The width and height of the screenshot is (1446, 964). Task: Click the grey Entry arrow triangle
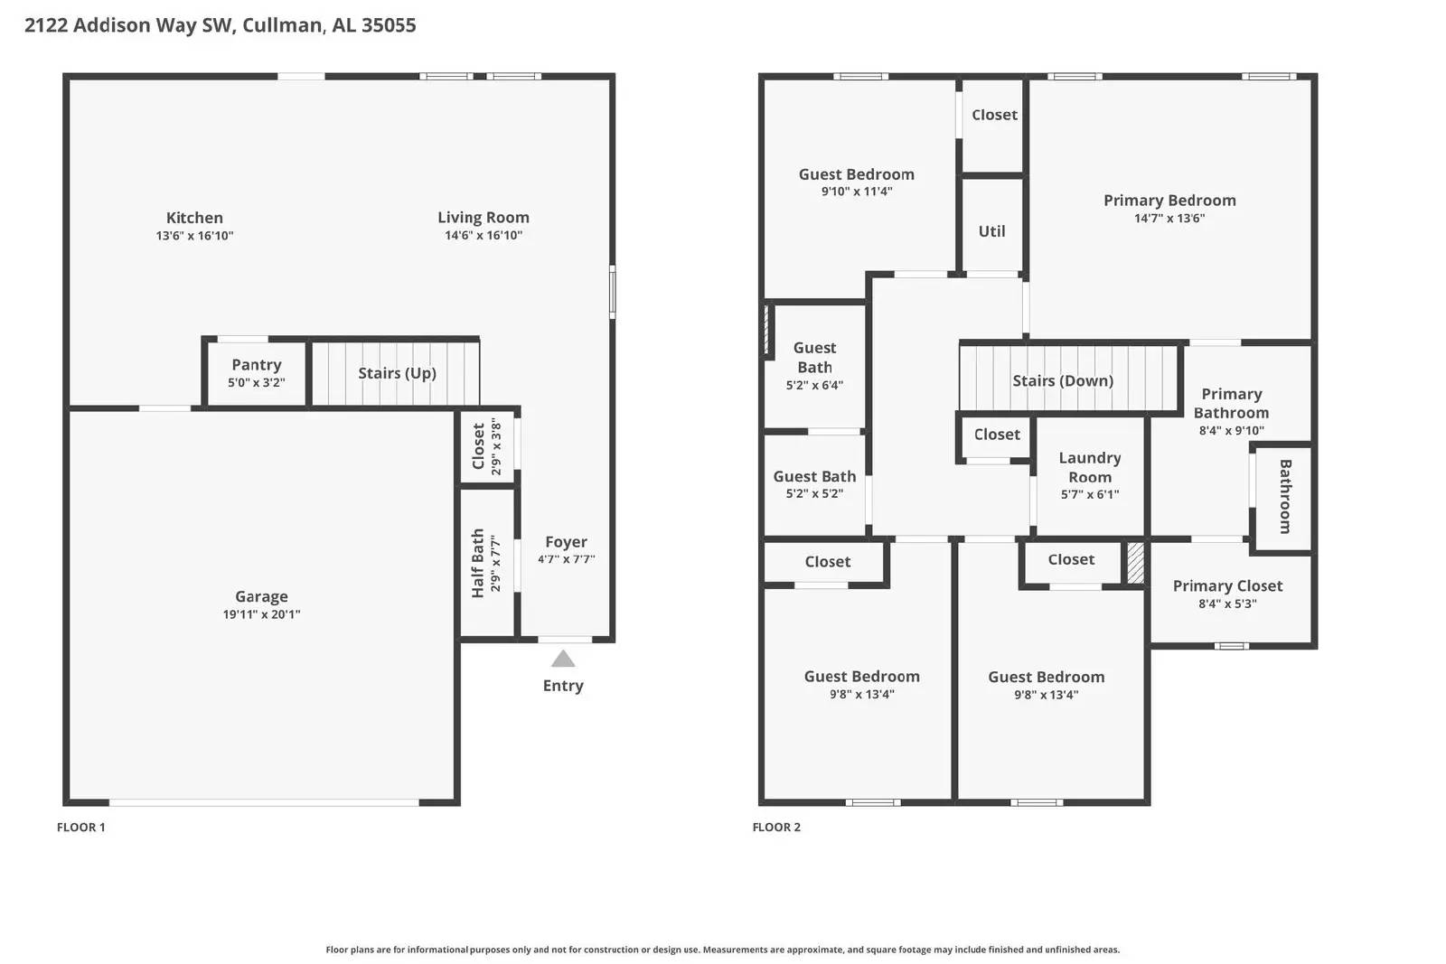tap(563, 659)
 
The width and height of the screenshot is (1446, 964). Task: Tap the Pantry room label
tap(257, 365)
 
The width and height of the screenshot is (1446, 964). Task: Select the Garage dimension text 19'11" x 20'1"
tap(261, 614)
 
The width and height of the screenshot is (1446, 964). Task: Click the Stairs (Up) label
tap(397, 373)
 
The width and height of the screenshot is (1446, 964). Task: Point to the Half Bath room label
tap(478, 563)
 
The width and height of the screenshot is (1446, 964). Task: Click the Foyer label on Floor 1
tap(566, 542)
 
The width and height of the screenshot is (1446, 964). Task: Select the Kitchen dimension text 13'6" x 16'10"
tap(194, 236)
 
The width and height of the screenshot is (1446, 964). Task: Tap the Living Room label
tap(484, 218)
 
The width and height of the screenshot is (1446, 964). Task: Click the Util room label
tap(991, 231)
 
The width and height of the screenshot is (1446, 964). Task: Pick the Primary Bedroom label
tap(1169, 201)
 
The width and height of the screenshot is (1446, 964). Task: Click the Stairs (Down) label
tap(1063, 381)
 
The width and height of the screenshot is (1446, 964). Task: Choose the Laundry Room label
tap(1090, 467)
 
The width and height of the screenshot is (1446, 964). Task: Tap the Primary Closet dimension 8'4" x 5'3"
tap(1227, 604)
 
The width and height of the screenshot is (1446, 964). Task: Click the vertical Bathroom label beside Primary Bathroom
tap(1285, 496)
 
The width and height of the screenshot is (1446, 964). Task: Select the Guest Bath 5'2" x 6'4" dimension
tap(814, 385)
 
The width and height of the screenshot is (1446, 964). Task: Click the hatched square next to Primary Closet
tap(1135, 563)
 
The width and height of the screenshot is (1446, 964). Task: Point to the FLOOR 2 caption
tap(776, 827)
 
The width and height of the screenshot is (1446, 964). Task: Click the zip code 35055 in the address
tap(389, 25)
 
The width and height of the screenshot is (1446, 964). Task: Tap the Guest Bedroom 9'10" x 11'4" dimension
tap(857, 192)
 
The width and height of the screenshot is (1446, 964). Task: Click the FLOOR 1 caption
tap(81, 827)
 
